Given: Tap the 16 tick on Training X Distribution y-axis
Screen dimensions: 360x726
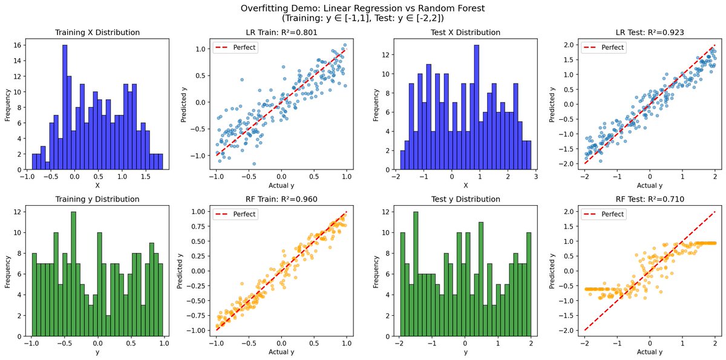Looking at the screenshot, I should click(x=19, y=45).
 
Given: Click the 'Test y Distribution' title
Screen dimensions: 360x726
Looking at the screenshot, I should click(x=465, y=199).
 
